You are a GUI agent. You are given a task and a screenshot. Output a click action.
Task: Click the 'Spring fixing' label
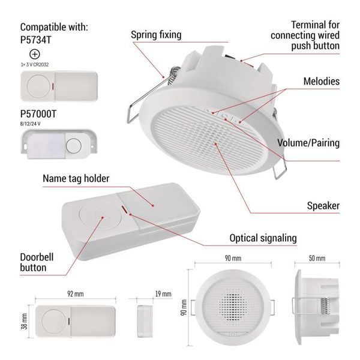(156, 35)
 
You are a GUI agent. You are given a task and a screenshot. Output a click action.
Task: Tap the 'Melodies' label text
(322, 81)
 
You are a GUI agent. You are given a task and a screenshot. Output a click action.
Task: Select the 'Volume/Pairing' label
(308, 143)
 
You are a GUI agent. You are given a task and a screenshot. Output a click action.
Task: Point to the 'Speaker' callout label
(323, 206)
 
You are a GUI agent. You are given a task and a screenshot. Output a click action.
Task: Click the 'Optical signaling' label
(263, 238)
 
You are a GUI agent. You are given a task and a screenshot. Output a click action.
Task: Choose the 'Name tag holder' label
(76, 179)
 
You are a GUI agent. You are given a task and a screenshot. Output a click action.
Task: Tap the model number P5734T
(35, 40)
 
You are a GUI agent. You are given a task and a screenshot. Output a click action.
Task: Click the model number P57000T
(38, 114)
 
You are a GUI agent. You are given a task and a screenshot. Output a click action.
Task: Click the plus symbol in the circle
(35, 55)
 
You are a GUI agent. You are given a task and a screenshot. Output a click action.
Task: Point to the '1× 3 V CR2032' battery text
(35, 65)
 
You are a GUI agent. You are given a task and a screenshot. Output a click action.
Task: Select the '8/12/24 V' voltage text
(31, 124)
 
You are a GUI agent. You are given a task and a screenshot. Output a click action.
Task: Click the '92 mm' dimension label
(76, 294)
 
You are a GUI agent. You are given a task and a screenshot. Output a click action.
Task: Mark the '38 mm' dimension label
(24, 321)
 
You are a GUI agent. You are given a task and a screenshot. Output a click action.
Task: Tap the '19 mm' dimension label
(163, 294)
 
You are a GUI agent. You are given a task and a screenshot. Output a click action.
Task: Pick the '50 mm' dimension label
(317, 258)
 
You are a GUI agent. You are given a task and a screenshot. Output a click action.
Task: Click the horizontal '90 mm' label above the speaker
(233, 258)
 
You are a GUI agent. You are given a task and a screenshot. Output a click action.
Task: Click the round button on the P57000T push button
(73, 146)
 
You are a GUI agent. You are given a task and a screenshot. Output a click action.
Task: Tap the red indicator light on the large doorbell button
(124, 209)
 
